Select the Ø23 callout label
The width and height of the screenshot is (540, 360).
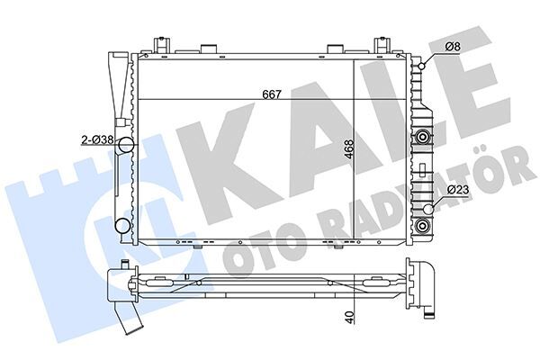click(458, 191)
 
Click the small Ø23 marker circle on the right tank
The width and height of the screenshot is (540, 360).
click(429, 209)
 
